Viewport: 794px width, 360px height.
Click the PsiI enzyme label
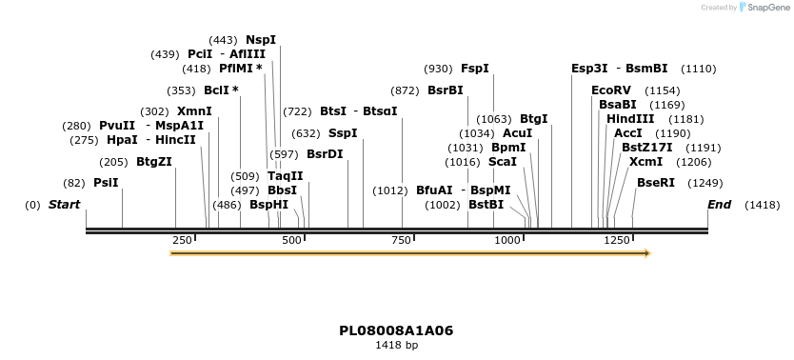coord(106,183)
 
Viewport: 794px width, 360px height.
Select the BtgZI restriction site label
coord(154,162)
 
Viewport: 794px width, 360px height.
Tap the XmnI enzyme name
coord(194,111)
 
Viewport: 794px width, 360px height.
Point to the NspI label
coord(261,40)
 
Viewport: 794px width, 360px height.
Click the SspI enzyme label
coord(343,133)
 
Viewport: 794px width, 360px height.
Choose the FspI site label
coord(474,69)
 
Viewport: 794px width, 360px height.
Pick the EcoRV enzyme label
coord(611,90)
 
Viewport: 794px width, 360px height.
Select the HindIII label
coord(630,119)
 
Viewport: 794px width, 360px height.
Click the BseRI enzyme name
coord(656,183)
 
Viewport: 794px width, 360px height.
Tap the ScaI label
coord(502,162)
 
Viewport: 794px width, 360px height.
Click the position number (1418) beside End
coord(762,205)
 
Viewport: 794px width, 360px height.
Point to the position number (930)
coord(439,69)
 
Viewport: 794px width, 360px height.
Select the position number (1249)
coord(705,183)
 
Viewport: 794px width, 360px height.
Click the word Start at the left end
coord(64,205)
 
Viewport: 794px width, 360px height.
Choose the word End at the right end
coord(720,205)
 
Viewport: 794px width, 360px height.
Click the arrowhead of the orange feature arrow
coord(646,253)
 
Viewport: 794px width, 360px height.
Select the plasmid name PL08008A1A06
coord(396,330)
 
